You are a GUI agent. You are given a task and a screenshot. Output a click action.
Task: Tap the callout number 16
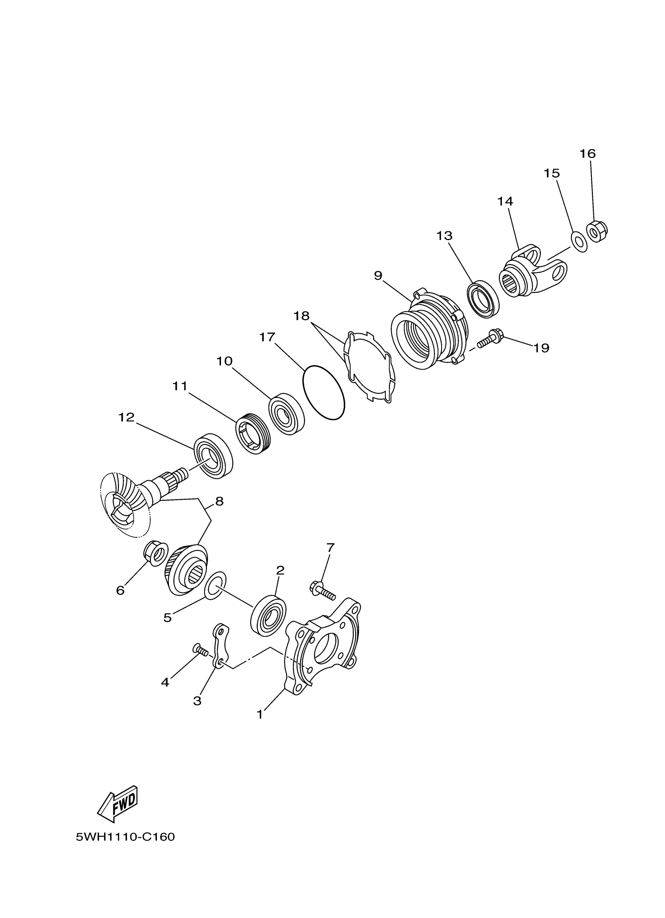tap(587, 153)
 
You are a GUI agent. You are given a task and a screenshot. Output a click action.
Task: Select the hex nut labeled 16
tap(597, 231)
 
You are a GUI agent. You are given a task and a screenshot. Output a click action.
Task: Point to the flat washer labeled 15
tap(580, 241)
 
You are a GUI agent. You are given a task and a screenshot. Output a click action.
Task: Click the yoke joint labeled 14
tap(534, 271)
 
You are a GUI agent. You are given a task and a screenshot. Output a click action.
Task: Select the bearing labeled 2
tap(268, 614)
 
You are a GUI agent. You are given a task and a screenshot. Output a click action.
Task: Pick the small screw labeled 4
tap(199, 650)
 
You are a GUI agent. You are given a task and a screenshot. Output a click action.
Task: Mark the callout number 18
tap(301, 316)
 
